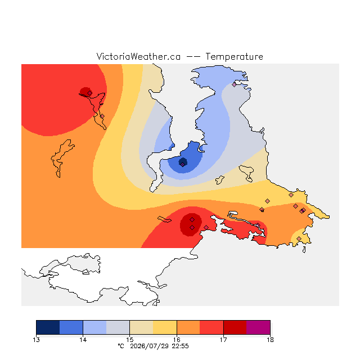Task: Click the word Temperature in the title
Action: pyautogui.click(x=234, y=57)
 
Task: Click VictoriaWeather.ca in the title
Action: pyautogui.click(x=138, y=56)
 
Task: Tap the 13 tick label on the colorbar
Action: pyautogui.click(x=36, y=340)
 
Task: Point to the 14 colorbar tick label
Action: pyautogui.click(x=83, y=340)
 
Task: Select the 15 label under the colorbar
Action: pyautogui.click(x=130, y=340)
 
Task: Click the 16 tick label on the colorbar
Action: pyautogui.click(x=177, y=340)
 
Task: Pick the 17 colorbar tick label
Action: pyautogui.click(x=223, y=340)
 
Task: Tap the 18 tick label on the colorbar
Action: pyautogui.click(x=270, y=340)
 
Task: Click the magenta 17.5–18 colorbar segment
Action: pyautogui.click(x=258, y=327)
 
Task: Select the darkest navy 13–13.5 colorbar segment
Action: pyautogui.click(x=48, y=327)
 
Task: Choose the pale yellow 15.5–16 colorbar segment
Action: pyautogui.click(x=165, y=327)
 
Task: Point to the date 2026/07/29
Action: pyautogui.click(x=150, y=346)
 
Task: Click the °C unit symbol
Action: pyautogui.click(x=121, y=346)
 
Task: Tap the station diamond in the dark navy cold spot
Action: pyautogui.click(x=182, y=164)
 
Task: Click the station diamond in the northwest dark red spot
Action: pyautogui.click(x=90, y=93)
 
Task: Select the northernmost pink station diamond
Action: pyautogui.click(x=234, y=85)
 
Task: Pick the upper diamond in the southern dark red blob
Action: pyautogui.click(x=192, y=220)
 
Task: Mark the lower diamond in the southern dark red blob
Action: pyautogui.click(x=192, y=227)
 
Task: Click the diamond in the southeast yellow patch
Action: pyautogui.click(x=299, y=238)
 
